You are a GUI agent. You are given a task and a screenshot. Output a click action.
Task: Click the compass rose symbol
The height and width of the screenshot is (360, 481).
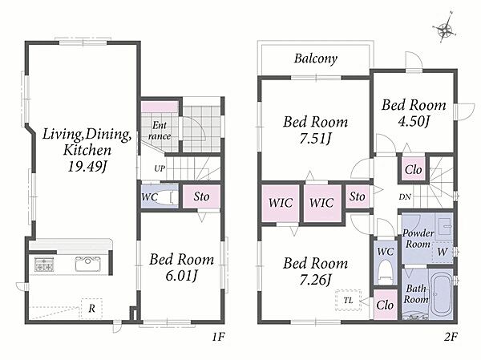444,30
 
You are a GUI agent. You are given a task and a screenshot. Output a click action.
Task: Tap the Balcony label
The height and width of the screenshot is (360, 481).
316,59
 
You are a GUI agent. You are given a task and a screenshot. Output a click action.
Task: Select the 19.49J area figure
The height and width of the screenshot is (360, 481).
87,167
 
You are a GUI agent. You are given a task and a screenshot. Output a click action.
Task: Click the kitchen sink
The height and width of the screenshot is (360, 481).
87,264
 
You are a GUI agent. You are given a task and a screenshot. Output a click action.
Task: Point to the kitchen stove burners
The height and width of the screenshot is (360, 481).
44,265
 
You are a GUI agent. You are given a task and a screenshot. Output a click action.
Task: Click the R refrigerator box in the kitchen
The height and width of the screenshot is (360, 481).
91,308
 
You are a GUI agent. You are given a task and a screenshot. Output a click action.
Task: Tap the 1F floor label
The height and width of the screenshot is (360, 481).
218,338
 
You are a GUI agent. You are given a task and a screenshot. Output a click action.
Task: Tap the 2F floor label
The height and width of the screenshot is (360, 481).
451,338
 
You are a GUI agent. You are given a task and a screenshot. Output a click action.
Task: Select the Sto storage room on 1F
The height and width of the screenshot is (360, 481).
201,196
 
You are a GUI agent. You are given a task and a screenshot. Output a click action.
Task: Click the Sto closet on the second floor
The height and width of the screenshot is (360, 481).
358,196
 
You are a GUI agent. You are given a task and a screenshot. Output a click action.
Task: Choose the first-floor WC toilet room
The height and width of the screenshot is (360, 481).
160,196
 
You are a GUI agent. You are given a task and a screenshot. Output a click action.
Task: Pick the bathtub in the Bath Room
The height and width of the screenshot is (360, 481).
441,293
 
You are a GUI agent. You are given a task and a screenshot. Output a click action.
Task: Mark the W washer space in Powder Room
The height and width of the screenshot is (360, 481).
442,253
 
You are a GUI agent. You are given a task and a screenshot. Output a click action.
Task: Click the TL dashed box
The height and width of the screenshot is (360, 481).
348,300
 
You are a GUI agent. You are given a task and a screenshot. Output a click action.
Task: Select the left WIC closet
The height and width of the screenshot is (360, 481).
281,203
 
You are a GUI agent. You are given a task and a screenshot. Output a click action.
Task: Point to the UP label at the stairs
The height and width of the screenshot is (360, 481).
160,168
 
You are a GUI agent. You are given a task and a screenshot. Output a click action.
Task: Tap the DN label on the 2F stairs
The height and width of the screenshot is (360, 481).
405,197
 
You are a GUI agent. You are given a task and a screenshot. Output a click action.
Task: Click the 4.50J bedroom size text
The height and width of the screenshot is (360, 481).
414,121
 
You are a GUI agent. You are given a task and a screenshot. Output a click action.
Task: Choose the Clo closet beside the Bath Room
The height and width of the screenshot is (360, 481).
385,305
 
